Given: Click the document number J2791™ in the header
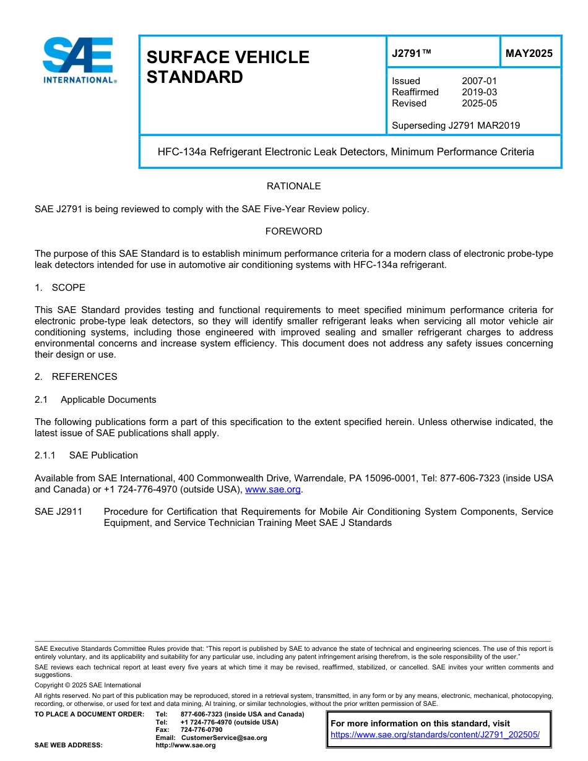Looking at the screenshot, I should (411, 53).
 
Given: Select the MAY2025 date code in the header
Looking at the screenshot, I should (529, 53).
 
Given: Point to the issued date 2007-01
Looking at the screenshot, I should (479, 81).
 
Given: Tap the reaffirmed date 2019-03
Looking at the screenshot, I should (479, 92).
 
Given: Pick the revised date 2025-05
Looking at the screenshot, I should (479, 103).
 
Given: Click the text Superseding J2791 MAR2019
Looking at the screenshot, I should (456, 126).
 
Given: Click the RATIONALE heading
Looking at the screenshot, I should (293, 186).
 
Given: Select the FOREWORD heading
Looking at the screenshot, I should (293, 231).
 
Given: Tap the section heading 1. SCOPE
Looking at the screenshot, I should (60, 288).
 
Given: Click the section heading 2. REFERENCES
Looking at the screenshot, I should (76, 377).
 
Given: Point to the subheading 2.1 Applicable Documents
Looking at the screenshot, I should (95, 400).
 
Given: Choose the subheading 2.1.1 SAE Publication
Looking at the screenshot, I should (86, 455).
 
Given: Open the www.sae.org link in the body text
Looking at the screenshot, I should (273, 489).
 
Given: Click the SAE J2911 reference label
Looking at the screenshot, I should (58, 512).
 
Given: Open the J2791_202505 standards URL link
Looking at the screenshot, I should (435, 734).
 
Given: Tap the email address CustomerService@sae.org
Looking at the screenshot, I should (224, 737).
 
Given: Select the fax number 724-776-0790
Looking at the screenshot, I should (201, 730).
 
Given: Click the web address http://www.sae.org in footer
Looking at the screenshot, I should (186, 745).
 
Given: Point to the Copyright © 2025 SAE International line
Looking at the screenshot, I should (88, 685).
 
